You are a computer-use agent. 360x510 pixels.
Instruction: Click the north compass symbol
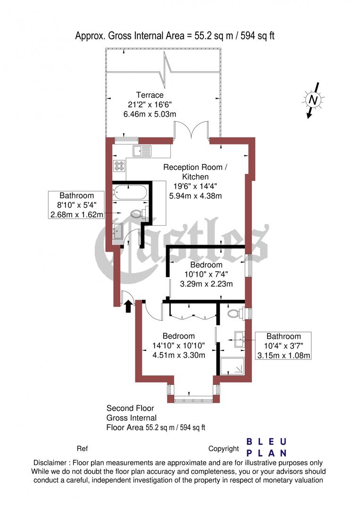(312, 100)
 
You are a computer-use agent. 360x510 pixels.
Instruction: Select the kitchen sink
(142, 151)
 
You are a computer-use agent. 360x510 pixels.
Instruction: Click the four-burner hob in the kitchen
(119, 166)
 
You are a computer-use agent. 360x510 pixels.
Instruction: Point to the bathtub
(130, 193)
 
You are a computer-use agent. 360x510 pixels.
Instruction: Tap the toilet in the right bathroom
(234, 313)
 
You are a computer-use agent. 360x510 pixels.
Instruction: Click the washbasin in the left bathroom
(118, 231)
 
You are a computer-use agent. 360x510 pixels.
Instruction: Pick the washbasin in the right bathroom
(239, 337)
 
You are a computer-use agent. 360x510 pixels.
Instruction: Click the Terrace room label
(150, 95)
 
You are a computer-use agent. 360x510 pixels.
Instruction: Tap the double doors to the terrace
(191, 130)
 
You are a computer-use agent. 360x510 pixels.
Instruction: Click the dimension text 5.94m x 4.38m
(196, 195)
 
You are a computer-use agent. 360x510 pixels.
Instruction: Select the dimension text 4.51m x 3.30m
(179, 355)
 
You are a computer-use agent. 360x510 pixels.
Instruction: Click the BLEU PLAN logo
(267, 447)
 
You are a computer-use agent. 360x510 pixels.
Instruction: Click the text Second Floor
(130, 408)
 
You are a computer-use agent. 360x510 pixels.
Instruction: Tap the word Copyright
(224, 449)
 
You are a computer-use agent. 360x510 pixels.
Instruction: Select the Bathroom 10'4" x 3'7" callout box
(284, 346)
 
